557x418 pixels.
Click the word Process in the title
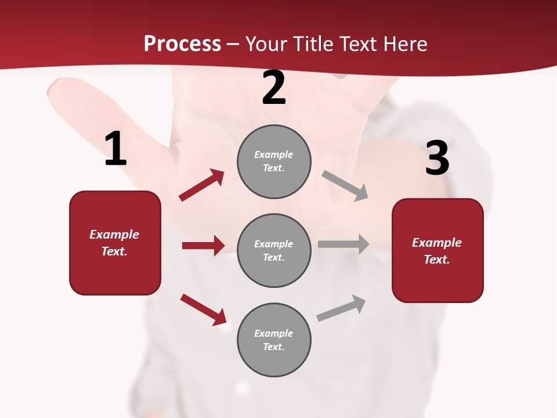point(182,44)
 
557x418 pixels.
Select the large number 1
point(115,149)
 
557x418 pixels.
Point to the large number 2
point(274,88)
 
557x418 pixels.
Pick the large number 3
point(437,158)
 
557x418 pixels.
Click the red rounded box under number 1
point(115,243)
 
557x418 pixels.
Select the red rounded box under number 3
point(437,250)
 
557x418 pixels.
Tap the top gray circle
point(274,161)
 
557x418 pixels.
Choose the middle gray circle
point(274,250)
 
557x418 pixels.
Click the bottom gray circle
point(274,340)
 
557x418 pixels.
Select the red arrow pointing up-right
point(202,185)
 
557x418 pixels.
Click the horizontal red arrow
point(203,246)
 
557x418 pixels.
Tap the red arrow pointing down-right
point(204,309)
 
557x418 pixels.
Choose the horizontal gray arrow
point(343,244)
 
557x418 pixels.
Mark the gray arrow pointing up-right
point(341,308)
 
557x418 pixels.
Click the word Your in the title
point(267,44)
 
